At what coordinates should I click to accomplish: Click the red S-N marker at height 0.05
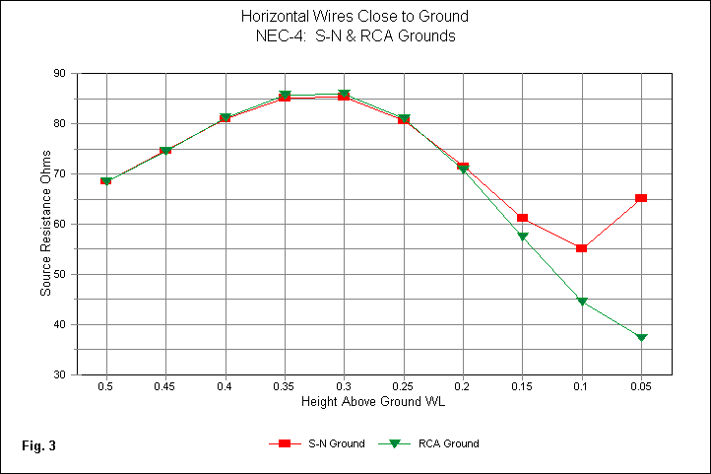[641, 198]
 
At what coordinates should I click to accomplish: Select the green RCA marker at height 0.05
[641, 338]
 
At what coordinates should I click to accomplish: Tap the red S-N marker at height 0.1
[582, 248]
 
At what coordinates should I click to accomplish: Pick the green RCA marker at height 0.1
[582, 302]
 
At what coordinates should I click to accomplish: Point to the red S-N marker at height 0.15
[522, 218]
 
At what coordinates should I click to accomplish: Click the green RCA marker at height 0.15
[522, 237]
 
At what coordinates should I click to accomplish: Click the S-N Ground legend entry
[316, 444]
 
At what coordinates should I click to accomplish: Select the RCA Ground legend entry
[433, 444]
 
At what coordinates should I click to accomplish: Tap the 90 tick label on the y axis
[60, 74]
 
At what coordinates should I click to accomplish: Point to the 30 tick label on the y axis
[60, 375]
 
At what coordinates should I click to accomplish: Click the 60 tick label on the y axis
[60, 225]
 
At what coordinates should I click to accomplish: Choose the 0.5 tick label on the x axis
[105, 387]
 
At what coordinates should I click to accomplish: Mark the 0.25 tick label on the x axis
[403, 387]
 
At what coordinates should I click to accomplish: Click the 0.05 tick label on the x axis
[641, 387]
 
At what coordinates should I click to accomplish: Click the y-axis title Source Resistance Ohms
[44, 225]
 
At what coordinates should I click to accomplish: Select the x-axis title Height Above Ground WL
[373, 403]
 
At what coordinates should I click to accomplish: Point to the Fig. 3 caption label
[38, 446]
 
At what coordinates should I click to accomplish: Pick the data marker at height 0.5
[105, 181]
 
